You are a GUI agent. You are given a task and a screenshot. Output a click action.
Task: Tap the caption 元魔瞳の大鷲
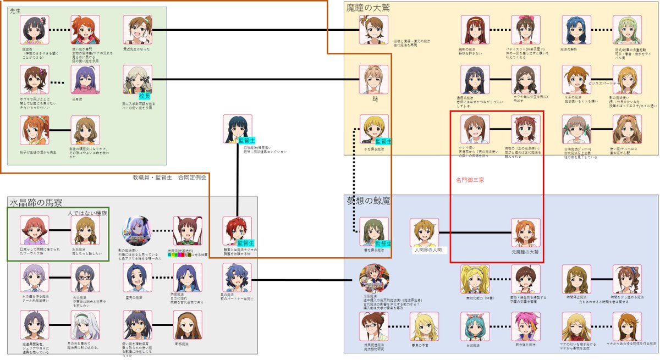pyautogui.click(x=526, y=251)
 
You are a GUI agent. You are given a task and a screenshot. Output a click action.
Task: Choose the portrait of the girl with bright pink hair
pyautogui.click(x=526, y=326)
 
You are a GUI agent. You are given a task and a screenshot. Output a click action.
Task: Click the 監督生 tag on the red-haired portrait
pyautogui.click(x=245, y=243)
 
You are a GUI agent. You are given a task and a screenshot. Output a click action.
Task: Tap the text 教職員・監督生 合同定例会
pyautogui.click(x=169, y=178)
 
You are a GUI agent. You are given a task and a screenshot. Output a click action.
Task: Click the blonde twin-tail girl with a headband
pyautogui.click(x=475, y=279)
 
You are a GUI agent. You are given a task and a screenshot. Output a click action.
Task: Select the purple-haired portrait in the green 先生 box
pyautogui.click(x=85, y=80)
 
